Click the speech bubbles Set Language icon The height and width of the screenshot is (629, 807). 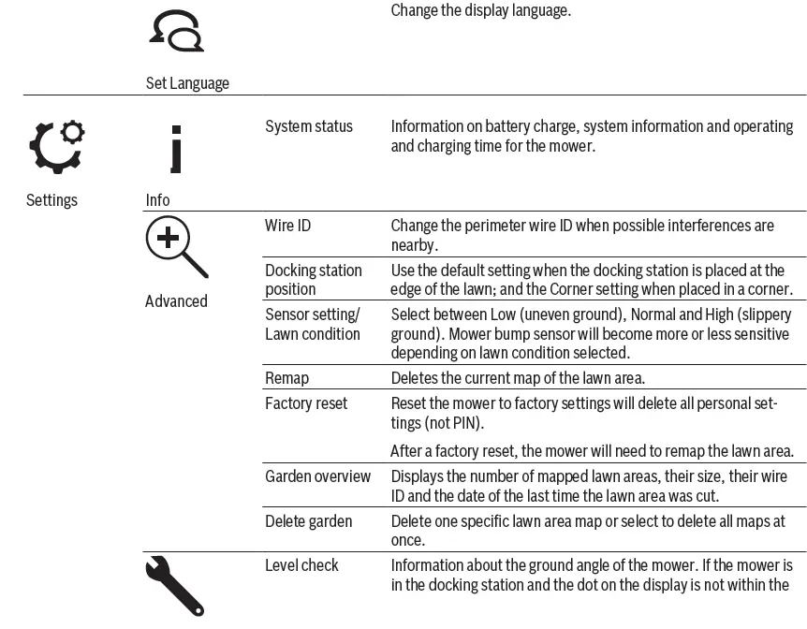[176, 33]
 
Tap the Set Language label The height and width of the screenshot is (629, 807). [187, 83]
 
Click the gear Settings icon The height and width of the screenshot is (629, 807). [55, 147]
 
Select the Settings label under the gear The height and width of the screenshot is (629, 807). [51, 200]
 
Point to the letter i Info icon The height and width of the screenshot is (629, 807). [175, 150]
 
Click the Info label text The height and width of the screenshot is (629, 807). [158, 200]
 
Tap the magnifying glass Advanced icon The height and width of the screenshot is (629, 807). [175, 246]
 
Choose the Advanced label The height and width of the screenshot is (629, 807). [176, 301]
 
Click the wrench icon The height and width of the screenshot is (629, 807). [174, 586]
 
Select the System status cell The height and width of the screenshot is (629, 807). [309, 126]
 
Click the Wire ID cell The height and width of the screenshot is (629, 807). [287, 226]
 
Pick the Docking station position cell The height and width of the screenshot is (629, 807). [313, 280]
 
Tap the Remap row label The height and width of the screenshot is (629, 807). [286, 378]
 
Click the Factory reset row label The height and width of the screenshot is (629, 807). [306, 403]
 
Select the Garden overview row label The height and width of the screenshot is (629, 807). [317, 476]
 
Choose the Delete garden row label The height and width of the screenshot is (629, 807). [308, 521]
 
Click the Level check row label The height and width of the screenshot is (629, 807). [301, 565]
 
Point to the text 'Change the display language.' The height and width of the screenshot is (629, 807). [480, 11]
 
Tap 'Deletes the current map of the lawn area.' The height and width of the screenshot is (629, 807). [518, 378]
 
